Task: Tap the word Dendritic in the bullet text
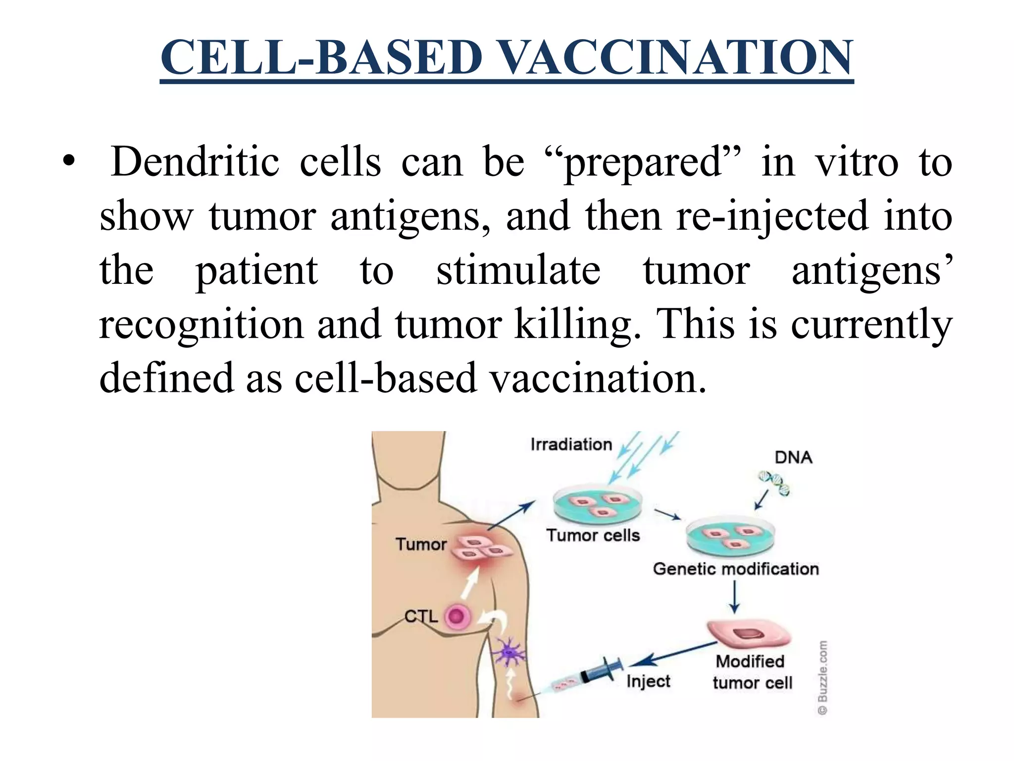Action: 195,162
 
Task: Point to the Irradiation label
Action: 571,444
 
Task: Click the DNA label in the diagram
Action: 793,457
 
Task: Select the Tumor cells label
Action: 593,536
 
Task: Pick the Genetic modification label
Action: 736,569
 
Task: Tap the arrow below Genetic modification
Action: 735,597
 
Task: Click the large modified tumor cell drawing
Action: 748,634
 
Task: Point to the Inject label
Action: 648,682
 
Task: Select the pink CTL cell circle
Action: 457,617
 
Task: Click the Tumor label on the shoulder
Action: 421,544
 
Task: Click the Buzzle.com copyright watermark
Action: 822,678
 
